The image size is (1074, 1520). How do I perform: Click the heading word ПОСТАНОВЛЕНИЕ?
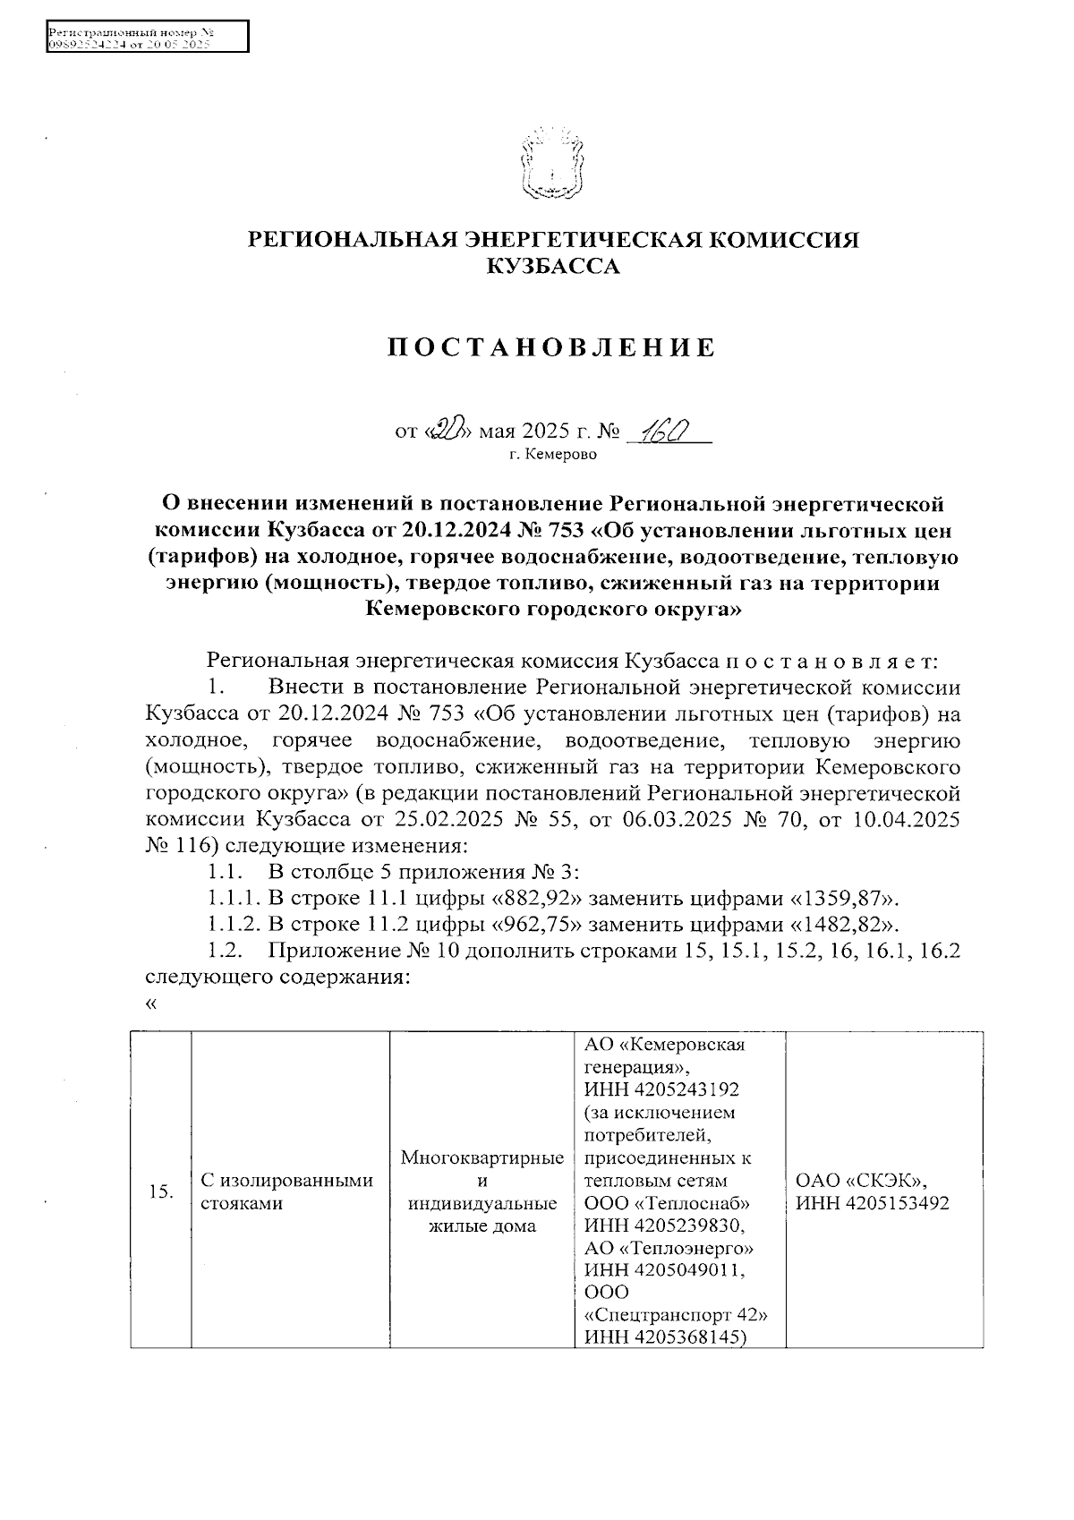[x=551, y=348]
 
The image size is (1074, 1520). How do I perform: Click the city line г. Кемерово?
[x=552, y=455]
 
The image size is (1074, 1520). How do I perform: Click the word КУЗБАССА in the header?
[x=551, y=266]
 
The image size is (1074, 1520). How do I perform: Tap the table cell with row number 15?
[x=161, y=1191]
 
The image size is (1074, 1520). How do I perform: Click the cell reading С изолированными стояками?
[x=286, y=1191]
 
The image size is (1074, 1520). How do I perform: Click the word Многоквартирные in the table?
[x=482, y=1158]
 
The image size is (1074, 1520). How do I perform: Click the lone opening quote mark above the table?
[x=150, y=1004]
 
